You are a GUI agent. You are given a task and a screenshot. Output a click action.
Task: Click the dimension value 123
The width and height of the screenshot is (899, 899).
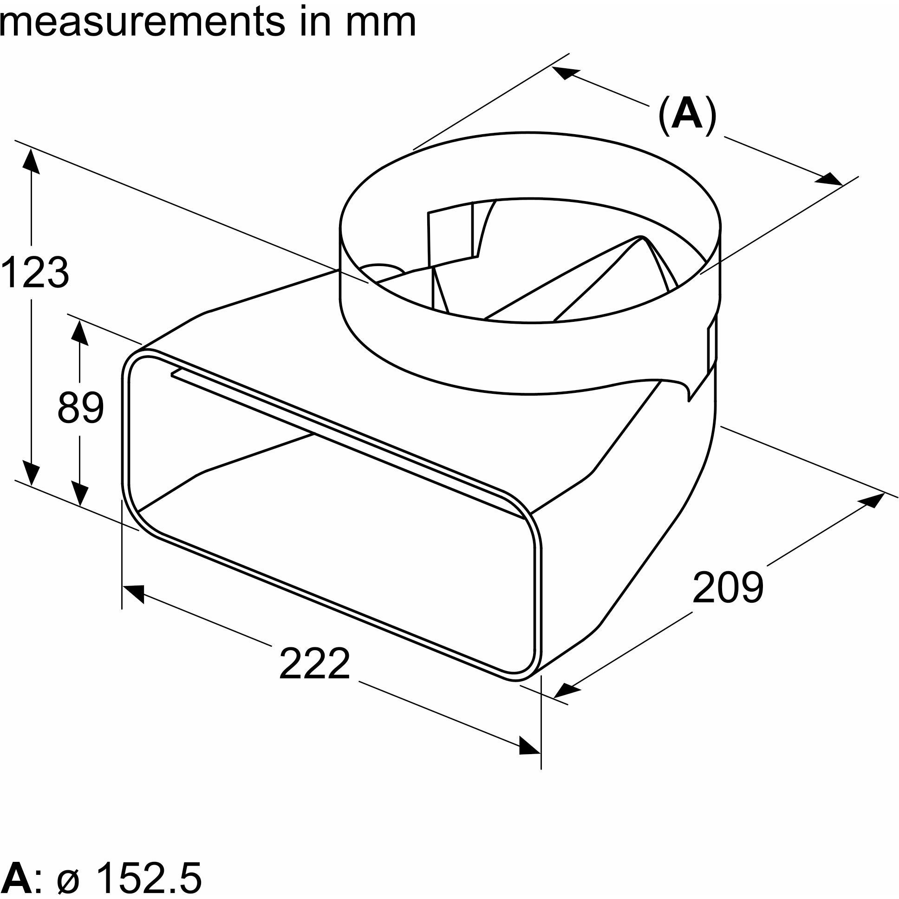(x=35, y=272)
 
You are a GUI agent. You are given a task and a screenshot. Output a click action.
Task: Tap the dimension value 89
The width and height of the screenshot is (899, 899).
(x=80, y=408)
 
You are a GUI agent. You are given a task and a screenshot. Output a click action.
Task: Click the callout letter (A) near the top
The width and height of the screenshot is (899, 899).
(x=687, y=116)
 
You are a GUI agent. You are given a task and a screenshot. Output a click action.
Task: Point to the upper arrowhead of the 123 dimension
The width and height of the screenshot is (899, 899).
(x=31, y=160)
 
